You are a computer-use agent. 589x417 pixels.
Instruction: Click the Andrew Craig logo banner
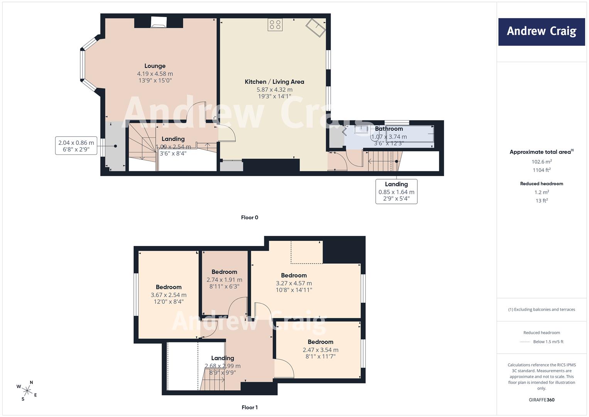(x=542, y=32)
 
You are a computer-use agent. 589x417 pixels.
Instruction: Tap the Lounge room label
(x=155, y=66)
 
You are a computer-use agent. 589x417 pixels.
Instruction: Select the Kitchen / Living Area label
(x=274, y=82)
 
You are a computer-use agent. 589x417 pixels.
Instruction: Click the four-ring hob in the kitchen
(x=275, y=25)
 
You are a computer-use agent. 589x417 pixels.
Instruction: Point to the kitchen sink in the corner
(x=316, y=27)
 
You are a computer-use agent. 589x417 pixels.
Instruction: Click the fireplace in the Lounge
(x=159, y=23)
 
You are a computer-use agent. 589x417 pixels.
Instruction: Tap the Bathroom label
(x=389, y=129)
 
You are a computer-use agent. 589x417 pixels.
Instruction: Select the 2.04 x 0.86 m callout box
(x=76, y=146)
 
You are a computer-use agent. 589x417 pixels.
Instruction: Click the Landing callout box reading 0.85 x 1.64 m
(x=396, y=192)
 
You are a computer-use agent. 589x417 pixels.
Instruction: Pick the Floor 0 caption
(x=250, y=217)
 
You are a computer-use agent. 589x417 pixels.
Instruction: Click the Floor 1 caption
(x=250, y=407)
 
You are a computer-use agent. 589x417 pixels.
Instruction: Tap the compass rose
(x=27, y=391)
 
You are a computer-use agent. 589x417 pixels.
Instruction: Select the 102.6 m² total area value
(x=542, y=161)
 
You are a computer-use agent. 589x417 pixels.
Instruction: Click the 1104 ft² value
(x=542, y=170)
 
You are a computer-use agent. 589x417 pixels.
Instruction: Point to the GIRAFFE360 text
(x=542, y=400)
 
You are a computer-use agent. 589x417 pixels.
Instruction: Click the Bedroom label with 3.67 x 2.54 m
(x=169, y=287)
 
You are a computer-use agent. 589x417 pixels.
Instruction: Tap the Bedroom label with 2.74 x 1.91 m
(x=224, y=272)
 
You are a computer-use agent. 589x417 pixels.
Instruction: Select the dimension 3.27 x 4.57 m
(x=294, y=283)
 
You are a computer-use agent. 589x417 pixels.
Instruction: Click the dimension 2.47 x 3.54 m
(x=320, y=350)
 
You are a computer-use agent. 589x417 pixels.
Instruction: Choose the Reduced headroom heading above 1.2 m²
(x=542, y=184)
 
